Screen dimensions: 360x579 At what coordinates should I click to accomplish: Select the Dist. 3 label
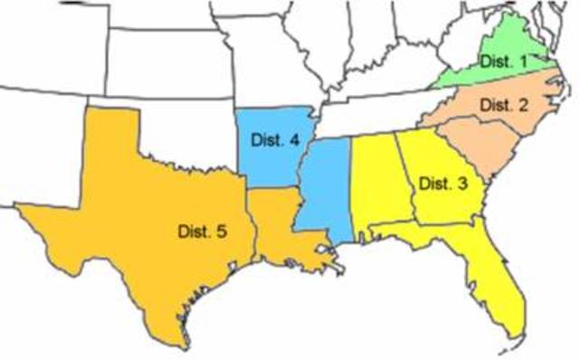point(444,183)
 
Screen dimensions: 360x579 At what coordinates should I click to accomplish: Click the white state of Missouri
point(262,63)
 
